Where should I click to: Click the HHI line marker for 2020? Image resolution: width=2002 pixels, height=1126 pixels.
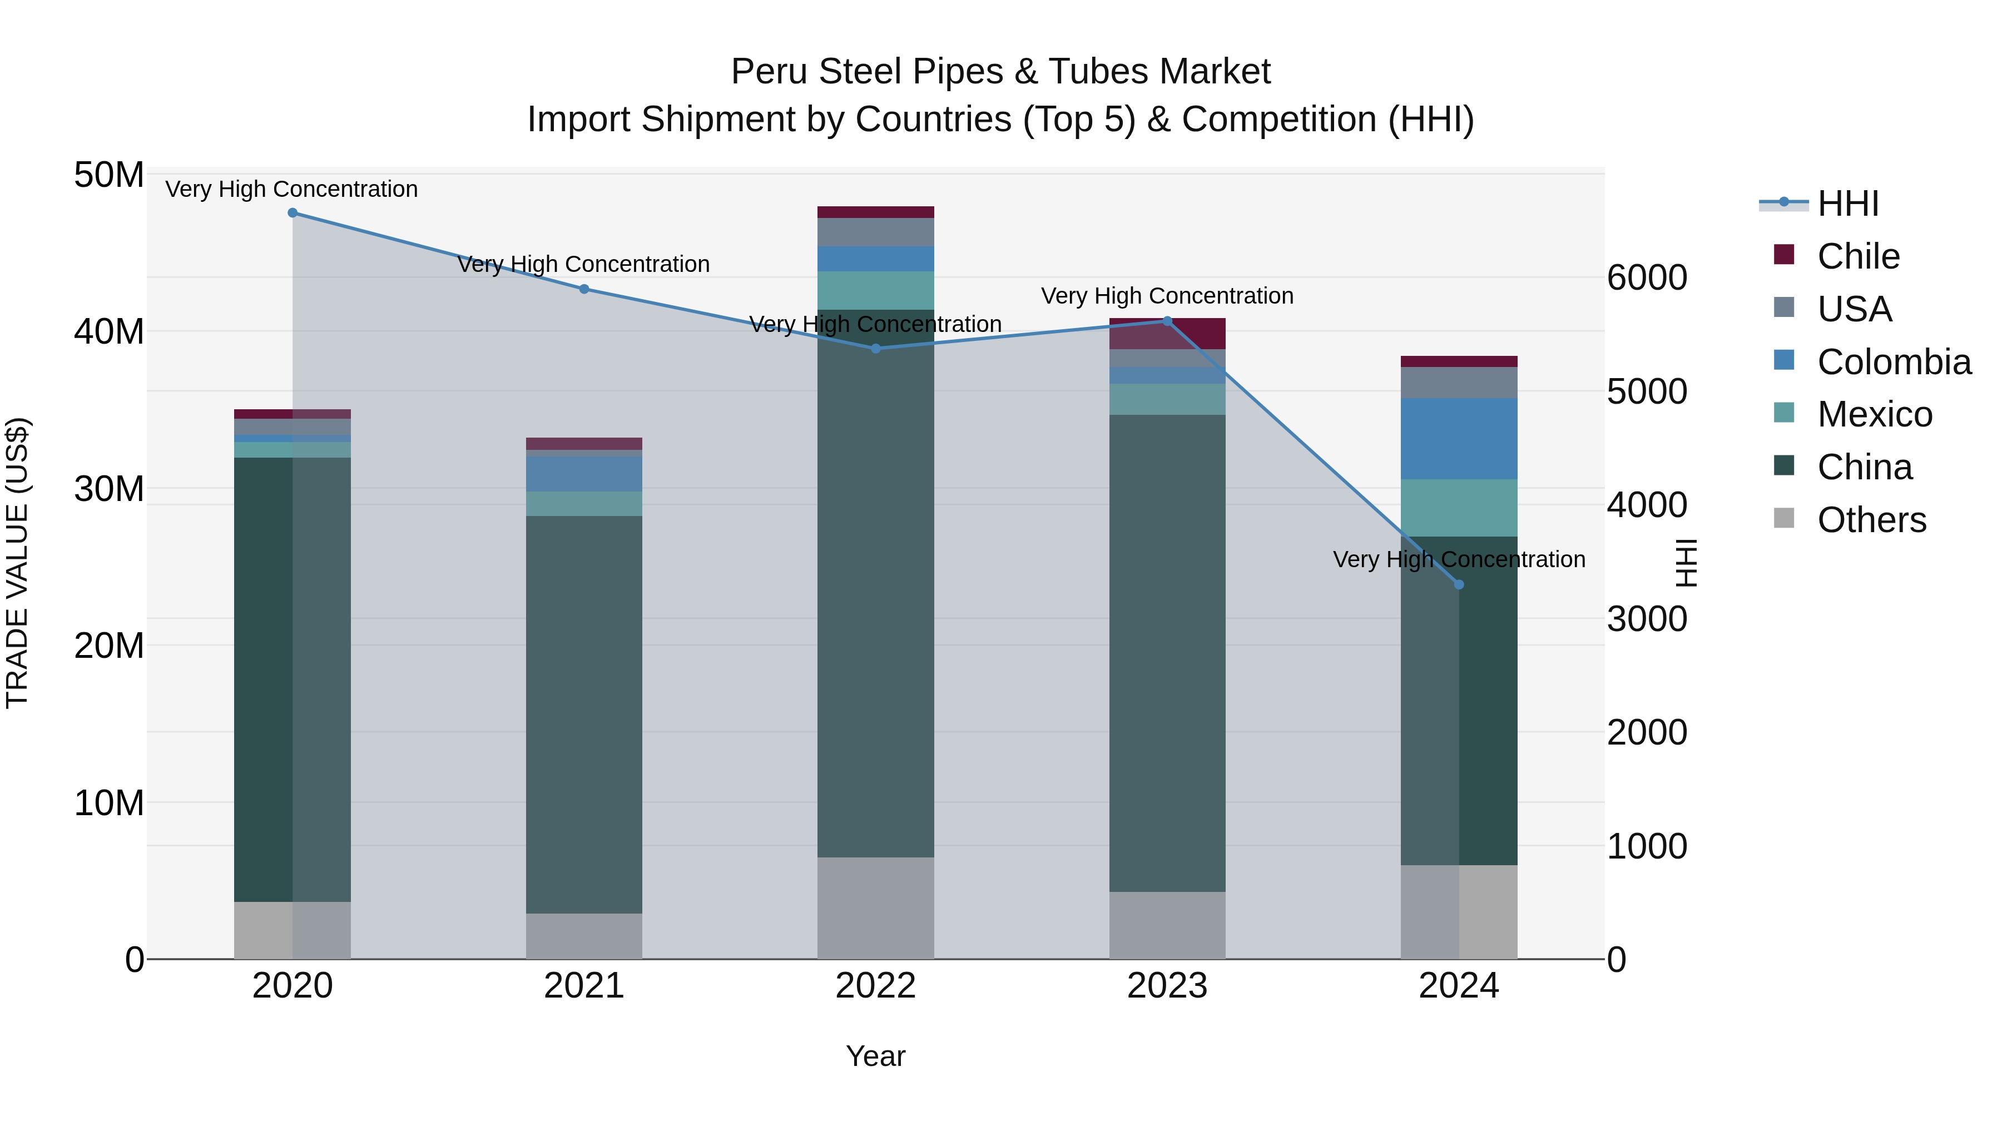[292, 213]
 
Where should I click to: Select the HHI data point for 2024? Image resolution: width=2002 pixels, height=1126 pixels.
[1459, 584]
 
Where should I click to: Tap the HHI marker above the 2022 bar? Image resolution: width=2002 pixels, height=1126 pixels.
[876, 348]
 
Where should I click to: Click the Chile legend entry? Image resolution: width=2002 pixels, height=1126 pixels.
[1857, 256]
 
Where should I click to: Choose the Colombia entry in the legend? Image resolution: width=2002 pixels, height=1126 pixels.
[1893, 361]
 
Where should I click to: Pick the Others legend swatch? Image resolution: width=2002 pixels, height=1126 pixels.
[1785, 518]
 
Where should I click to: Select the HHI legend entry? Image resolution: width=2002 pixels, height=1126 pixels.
[1847, 204]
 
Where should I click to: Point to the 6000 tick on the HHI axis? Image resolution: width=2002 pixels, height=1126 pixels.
[1647, 277]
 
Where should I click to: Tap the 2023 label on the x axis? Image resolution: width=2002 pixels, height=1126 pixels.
[1167, 986]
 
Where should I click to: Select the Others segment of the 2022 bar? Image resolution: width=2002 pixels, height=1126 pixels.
[876, 907]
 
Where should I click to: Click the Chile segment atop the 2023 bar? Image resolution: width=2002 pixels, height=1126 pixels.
[1167, 334]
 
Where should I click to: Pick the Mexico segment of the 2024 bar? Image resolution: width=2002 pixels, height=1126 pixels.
[1459, 508]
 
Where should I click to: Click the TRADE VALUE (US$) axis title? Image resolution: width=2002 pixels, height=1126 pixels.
[17, 563]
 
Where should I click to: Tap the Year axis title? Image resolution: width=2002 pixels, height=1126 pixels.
[875, 1056]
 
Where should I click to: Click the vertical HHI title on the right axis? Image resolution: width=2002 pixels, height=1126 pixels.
[1686, 563]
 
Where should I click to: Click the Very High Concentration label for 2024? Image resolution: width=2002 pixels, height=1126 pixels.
[1458, 559]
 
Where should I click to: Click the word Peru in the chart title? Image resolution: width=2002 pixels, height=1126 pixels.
[770, 72]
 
